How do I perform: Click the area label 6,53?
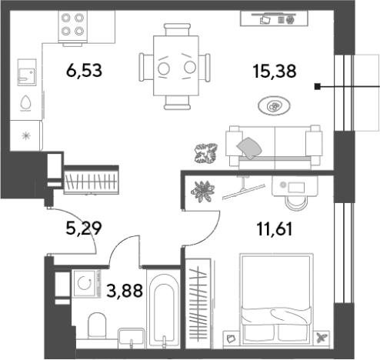point(84,71)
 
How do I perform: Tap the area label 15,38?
point(275,71)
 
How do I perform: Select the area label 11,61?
point(275,229)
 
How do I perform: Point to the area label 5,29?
point(84,228)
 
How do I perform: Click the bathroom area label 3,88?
point(125,291)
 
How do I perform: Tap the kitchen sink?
point(27,72)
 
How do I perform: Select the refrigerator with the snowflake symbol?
point(25,135)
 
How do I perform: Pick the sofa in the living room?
point(274,147)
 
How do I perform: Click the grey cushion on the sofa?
point(249,148)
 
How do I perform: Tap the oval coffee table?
point(274,105)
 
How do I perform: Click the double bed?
point(276,300)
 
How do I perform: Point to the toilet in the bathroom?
point(97,325)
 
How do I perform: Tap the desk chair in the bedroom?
point(296,201)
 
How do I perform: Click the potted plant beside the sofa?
point(206,153)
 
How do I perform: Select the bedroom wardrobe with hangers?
point(198,304)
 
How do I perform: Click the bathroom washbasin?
point(132,338)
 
